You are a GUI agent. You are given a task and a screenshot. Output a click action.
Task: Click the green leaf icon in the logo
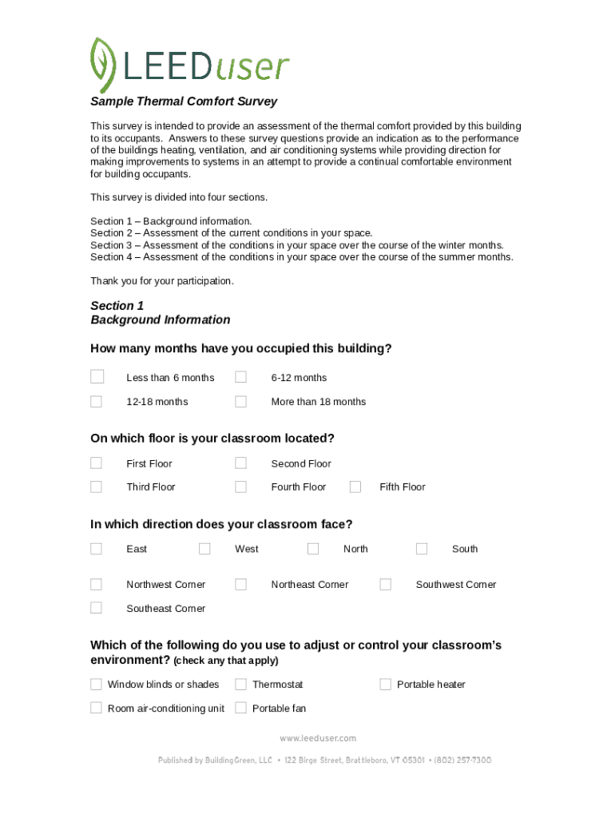103,63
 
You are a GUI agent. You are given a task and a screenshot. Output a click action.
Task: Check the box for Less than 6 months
97,377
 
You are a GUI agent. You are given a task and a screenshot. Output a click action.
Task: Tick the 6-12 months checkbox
240,377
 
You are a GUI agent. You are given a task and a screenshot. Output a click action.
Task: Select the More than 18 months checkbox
240,401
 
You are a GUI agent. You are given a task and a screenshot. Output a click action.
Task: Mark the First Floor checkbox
97,463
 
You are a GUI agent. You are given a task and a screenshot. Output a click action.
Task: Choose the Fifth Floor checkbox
355,486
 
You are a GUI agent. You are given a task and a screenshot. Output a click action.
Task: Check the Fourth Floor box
240,486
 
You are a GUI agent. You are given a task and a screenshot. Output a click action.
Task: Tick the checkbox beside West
204,548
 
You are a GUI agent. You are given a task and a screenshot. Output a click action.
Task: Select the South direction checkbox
422,548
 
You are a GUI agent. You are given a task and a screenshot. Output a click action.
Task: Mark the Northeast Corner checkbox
240,584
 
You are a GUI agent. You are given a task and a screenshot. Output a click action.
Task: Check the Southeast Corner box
97,608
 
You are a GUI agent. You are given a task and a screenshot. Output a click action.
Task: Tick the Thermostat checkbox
240,684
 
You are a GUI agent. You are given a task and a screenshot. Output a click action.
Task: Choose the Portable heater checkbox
385,684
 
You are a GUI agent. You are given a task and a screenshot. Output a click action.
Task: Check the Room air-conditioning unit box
97,708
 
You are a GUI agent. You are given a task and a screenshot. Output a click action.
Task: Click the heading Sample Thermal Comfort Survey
184,101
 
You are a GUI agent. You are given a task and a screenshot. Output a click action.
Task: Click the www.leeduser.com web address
318,738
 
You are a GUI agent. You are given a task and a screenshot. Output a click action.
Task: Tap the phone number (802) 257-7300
462,760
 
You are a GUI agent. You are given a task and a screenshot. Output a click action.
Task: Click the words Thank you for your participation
162,281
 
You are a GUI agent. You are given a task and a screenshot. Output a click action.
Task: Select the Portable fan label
279,709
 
